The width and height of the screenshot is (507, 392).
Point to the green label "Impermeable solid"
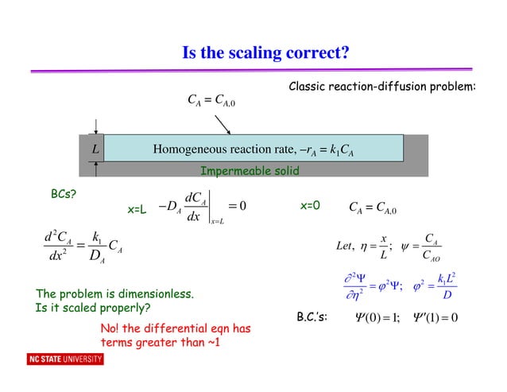[250, 171]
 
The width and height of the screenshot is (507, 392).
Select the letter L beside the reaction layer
[93, 149]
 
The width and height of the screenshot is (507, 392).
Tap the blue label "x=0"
[310, 205]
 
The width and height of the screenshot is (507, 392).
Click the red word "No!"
[111, 329]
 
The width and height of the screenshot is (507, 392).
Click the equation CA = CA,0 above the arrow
[211, 100]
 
